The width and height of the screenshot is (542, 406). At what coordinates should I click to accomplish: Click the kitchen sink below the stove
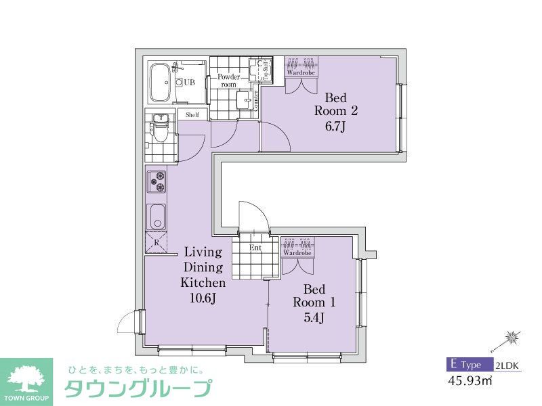point(157,217)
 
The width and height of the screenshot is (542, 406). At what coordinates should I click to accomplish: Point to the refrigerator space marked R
point(157,242)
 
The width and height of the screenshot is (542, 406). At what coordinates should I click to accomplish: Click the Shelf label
point(192,115)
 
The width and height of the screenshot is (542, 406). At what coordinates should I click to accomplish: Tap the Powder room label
point(228,81)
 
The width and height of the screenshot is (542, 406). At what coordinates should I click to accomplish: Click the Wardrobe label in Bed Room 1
point(297,253)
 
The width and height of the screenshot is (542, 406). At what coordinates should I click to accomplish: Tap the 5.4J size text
point(313,317)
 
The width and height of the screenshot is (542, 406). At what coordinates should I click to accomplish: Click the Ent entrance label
point(255,248)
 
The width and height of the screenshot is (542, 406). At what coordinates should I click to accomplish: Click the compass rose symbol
point(513,336)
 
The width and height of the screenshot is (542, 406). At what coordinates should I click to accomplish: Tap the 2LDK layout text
point(507,365)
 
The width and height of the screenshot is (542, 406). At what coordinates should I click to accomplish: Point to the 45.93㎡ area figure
point(470,381)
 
